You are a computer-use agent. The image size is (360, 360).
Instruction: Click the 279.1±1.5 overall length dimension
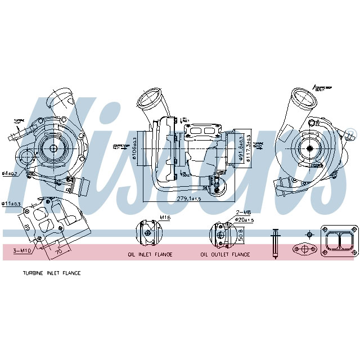[188, 199]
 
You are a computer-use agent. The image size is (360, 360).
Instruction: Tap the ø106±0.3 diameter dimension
[135, 148]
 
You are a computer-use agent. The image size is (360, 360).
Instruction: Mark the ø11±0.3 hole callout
[11, 203]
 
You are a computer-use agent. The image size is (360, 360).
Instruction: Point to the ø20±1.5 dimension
[244, 219]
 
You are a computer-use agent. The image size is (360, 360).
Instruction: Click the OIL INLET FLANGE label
[148, 254]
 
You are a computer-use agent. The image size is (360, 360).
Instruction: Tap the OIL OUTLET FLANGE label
[225, 254]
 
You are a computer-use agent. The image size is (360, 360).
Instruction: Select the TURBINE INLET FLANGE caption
[52, 273]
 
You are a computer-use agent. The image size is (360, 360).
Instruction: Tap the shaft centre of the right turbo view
[310, 147]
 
